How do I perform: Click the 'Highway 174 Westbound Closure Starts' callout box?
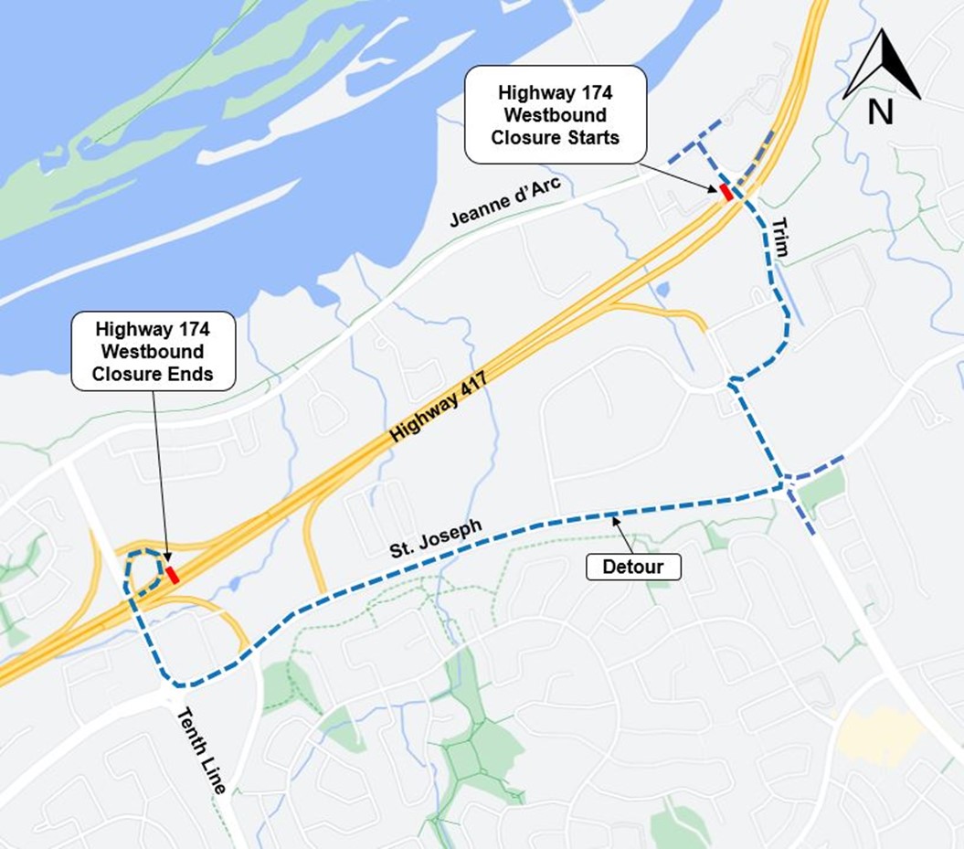tap(556, 115)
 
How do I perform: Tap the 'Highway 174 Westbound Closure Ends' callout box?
tap(153, 351)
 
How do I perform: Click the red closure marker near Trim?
tap(726, 192)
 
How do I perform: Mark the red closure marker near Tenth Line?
tap(172, 574)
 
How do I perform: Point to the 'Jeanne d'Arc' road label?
tap(506, 203)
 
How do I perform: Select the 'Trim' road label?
tap(779, 238)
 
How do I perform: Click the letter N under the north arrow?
tap(880, 111)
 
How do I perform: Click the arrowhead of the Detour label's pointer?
tap(616, 519)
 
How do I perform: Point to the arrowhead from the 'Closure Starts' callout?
tap(716, 188)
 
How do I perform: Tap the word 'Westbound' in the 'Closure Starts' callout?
tap(556, 115)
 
